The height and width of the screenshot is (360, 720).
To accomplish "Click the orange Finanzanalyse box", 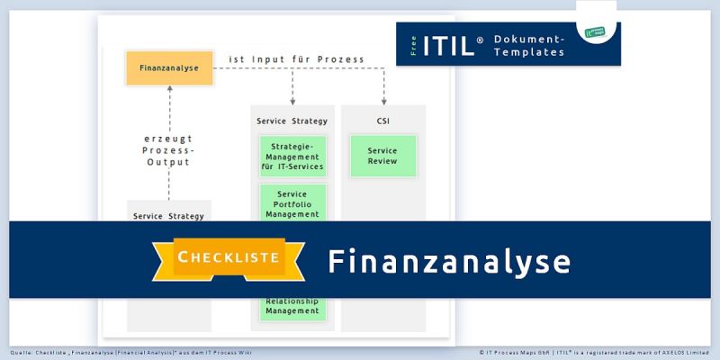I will [x=169, y=67].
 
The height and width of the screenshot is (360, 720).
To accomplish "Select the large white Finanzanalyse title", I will [x=449, y=260].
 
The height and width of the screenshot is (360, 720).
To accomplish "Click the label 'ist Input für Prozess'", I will [x=297, y=59].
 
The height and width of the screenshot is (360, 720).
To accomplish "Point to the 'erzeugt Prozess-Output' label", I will [x=169, y=150].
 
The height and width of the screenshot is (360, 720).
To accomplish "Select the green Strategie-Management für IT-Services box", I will [x=292, y=156].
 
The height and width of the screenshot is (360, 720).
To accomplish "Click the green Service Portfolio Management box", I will [x=292, y=203].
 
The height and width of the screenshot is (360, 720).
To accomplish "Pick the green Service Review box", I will [x=382, y=156].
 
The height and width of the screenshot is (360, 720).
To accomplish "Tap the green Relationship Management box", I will [x=292, y=307].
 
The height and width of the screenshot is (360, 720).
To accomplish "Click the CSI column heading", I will [x=382, y=121].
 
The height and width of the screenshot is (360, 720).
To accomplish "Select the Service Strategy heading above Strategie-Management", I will [x=292, y=121].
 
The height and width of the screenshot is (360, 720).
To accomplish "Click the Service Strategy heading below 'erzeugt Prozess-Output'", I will [x=169, y=216].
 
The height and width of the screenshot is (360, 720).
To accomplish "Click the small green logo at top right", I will [x=596, y=32].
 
